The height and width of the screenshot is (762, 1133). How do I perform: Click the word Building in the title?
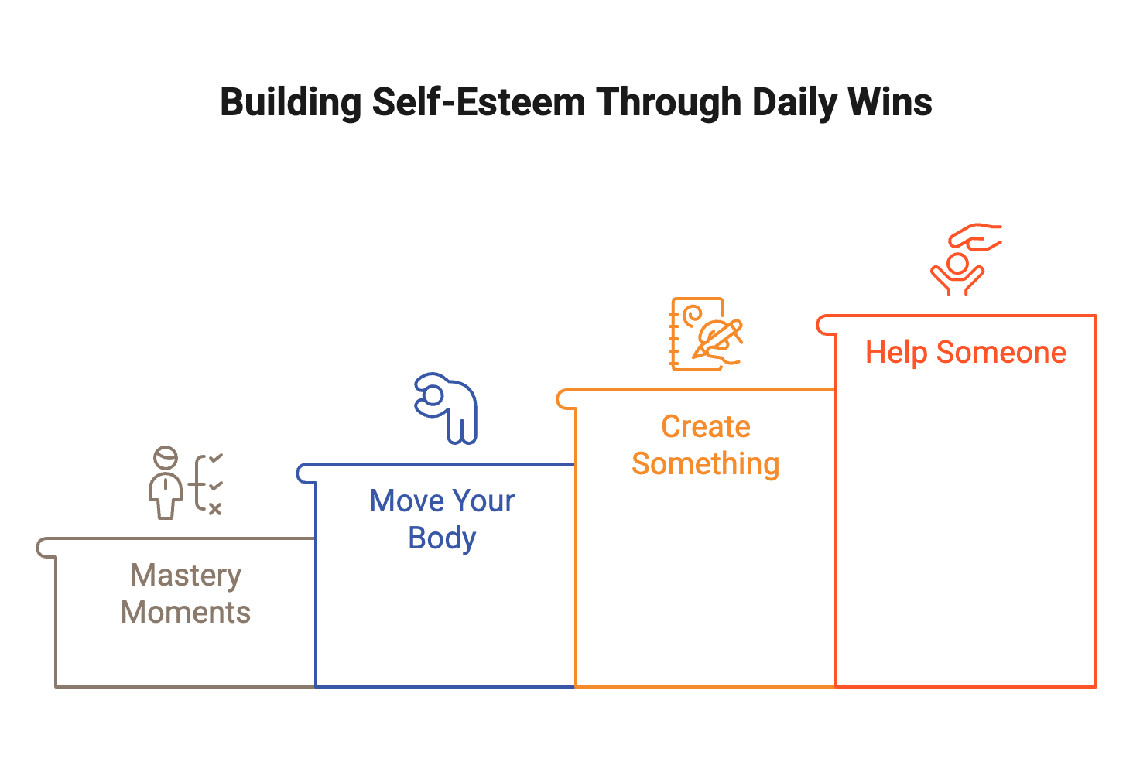point(290,103)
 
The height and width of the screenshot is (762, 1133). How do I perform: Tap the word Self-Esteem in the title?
point(479,103)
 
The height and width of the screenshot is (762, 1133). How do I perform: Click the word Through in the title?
point(669,103)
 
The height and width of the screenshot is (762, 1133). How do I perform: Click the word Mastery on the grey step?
point(186,576)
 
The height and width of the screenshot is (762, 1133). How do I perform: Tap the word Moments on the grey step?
point(186,613)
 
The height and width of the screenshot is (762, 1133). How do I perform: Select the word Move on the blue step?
point(402,501)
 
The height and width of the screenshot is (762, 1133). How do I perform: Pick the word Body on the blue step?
point(442,538)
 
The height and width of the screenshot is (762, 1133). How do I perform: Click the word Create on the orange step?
point(705,427)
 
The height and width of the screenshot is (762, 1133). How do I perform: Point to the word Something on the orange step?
point(705,464)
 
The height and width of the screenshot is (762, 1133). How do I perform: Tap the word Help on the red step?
point(895,353)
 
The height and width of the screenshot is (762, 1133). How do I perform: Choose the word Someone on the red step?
point(1001,353)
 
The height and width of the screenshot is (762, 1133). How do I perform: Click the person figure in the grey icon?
point(166,484)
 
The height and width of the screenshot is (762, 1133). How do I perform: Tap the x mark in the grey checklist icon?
point(215,508)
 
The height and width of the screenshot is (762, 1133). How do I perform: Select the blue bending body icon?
point(447,408)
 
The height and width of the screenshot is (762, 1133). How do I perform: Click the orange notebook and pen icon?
point(705,334)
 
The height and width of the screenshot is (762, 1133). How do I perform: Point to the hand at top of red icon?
point(977,236)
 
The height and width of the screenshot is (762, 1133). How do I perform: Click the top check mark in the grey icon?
point(216,459)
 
